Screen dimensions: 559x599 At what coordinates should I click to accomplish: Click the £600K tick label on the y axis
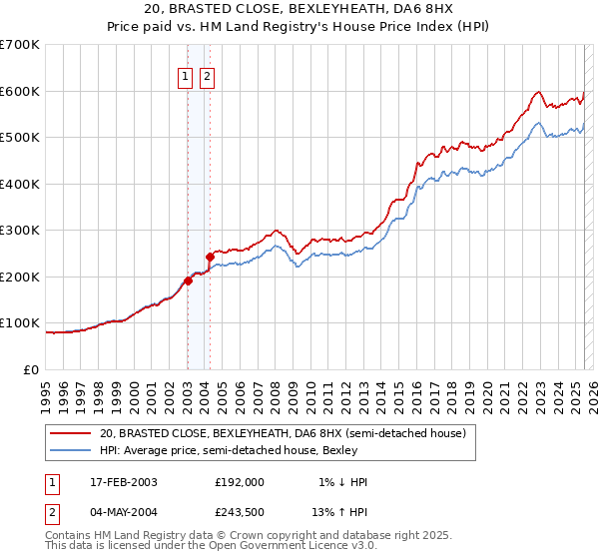pyautogui.click(x=20, y=91)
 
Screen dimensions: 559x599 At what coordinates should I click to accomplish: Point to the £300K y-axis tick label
pyautogui.click(x=20, y=231)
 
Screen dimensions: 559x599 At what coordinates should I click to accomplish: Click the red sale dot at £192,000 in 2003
pyautogui.click(x=188, y=280)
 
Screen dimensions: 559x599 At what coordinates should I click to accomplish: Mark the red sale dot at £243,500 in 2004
pyautogui.click(x=210, y=257)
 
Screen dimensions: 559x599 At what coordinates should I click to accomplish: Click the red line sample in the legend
pyautogui.click(x=71, y=434)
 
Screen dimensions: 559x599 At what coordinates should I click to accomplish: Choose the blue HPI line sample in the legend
pyautogui.click(x=71, y=450)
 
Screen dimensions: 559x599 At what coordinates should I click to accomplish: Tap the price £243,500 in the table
pyautogui.click(x=240, y=511)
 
